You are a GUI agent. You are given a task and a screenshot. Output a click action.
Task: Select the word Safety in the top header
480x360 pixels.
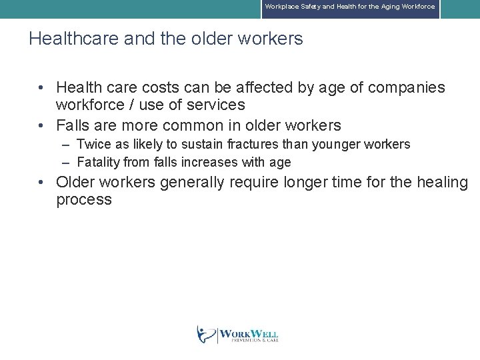[309, 7]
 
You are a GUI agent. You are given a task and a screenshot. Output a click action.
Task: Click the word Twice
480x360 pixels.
[92, 144]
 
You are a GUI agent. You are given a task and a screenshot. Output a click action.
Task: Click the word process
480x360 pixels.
[84, 200]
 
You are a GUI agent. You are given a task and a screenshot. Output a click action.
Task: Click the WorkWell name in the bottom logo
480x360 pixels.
[249, 333]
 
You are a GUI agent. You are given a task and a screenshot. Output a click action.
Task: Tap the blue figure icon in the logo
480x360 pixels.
[205, 334]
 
